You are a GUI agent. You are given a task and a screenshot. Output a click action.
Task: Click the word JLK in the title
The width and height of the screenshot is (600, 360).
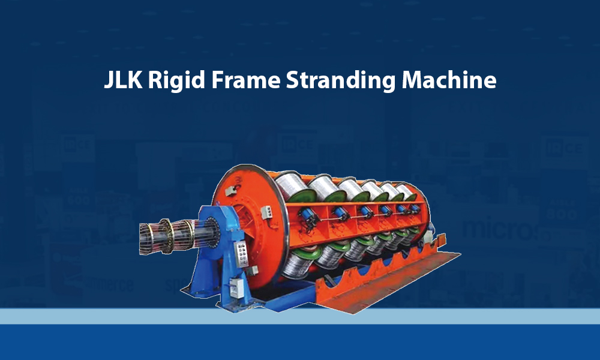[123, 80]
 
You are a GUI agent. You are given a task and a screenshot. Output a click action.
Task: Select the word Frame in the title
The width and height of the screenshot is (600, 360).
[245, 80]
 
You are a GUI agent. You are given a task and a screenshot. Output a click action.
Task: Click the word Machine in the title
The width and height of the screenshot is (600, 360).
[449, 80]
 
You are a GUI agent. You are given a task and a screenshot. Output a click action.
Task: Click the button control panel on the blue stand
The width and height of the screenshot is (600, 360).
[241, 253]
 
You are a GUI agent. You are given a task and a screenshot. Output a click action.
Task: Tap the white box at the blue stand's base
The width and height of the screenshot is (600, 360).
[236, 287]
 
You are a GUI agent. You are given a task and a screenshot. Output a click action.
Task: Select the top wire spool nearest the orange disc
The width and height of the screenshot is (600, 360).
[294, 187]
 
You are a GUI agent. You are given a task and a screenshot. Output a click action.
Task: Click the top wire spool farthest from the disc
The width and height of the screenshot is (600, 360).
[407, 191]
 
